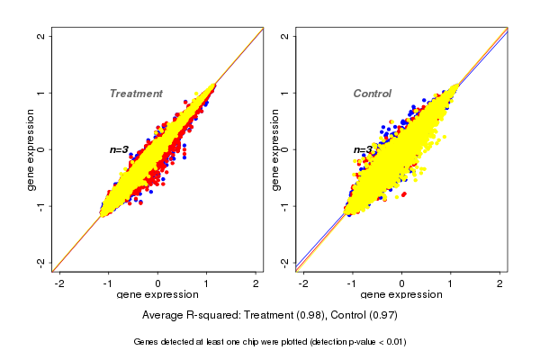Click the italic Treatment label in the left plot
coord(136,94)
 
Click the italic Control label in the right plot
coord(372,94)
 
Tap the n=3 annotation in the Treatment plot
coord(120,149)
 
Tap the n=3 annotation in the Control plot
coord(363,149)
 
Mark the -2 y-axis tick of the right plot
coord(285,262)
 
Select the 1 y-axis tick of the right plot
coord(285,93)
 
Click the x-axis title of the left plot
coord(157,295)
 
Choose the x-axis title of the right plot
coord(400,295)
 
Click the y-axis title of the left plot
coord(31,149)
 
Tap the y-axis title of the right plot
coord(274,149)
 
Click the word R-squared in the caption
coord(211,316)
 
